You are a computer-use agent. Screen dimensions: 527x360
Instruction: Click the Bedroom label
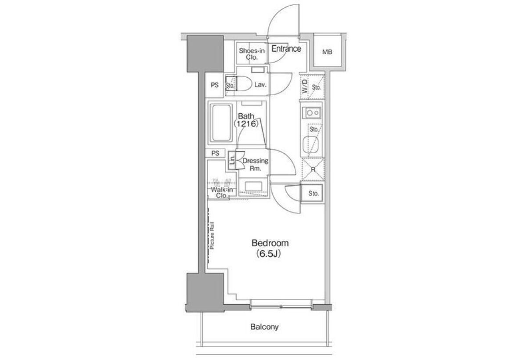[270, 243]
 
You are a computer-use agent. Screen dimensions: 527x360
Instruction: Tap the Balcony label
[264, 327]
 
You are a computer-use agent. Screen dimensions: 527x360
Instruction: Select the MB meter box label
[327, 52]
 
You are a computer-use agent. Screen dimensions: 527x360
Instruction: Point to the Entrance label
[286, 49]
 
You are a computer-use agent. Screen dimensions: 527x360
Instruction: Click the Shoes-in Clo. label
[252, 54]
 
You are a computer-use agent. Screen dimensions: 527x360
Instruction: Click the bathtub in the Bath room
[221, 123]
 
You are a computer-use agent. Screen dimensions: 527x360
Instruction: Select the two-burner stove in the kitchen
[311, 113]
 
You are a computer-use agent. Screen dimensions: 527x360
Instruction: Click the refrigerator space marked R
[313, 169]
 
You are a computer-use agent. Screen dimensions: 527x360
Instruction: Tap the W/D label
[305, 86]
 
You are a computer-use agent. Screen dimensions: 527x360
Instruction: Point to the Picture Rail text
[212, 236]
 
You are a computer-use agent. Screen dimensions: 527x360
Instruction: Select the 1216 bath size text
[246, 124]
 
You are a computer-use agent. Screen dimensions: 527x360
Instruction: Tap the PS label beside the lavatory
[215, 85]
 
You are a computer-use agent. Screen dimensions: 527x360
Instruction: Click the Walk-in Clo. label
[222, 193]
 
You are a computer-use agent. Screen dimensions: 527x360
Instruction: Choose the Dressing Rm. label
[255, 164]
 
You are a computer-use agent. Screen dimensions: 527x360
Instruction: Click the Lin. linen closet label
[232, 160]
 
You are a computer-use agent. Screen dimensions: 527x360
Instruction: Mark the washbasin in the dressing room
[253, 187]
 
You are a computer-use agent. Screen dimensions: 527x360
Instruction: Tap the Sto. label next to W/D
[316, 87]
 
